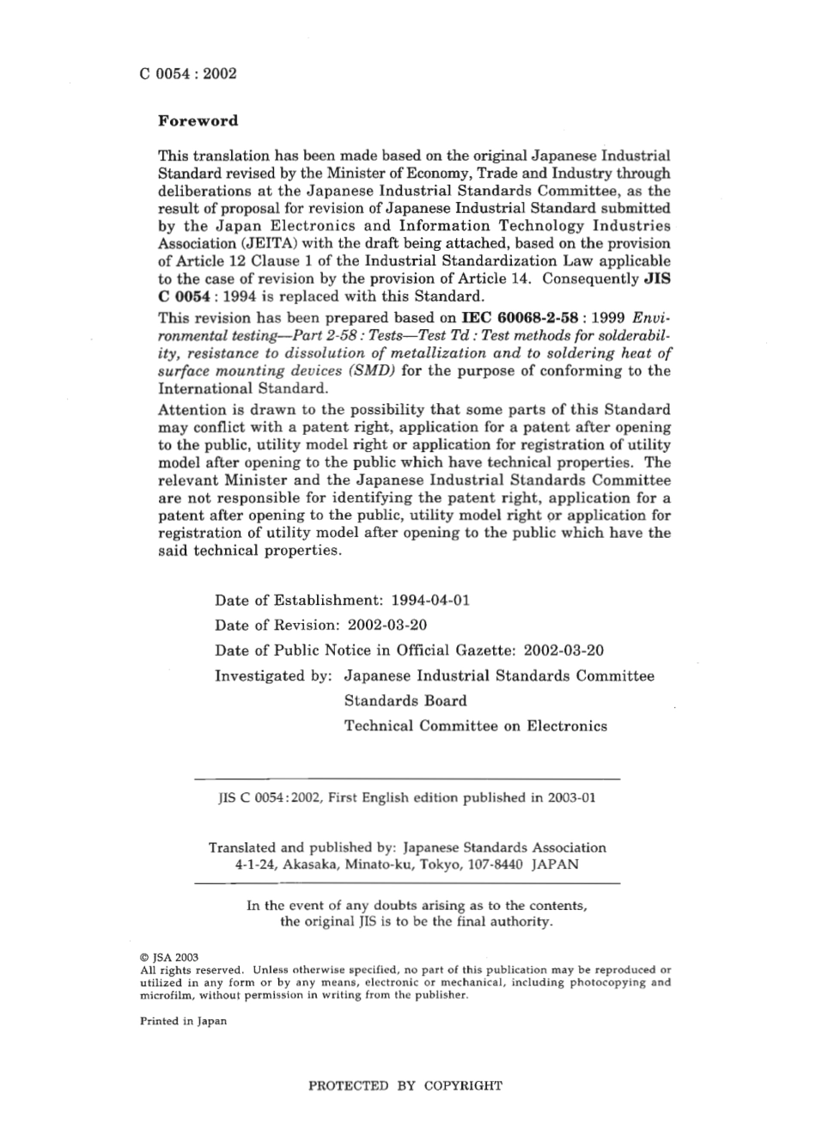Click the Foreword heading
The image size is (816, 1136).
(x=198, y=121)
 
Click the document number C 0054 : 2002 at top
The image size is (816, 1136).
(x=187, y=73)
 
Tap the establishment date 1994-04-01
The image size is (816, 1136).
(x=430, y=600)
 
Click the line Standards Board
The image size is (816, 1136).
(x=405, y=700)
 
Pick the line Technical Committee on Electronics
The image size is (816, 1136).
(x=475, y=726)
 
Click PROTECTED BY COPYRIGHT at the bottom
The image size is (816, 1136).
(x=405, y=1086)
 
